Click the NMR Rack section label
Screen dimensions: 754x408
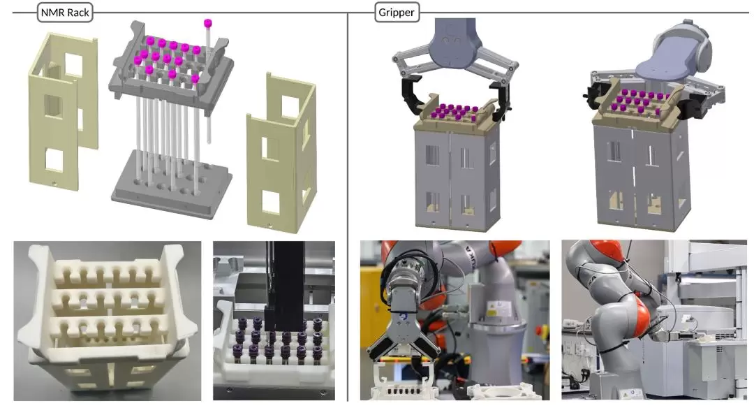[x=65, y=13]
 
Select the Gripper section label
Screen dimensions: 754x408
[x=397, y=13]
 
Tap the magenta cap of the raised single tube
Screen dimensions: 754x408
[x=208, y=23]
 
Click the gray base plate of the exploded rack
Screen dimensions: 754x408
[x=172, y=184]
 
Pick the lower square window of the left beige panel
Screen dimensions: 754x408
[x=54, y=160]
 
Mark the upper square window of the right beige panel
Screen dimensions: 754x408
[x=289, y=107]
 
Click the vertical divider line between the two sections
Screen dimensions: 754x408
[x=348, y=207]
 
